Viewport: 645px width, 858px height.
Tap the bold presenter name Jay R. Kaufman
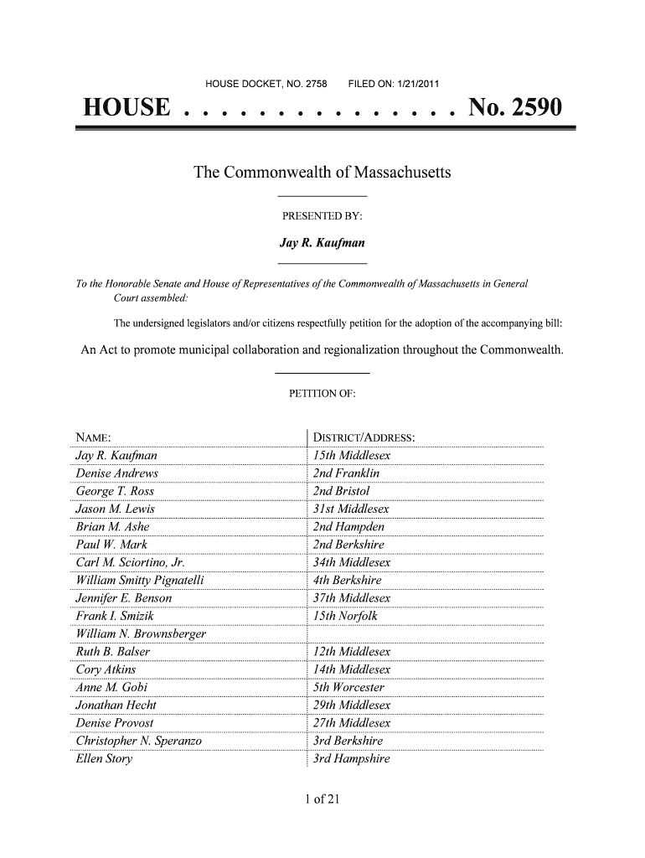point(322,244)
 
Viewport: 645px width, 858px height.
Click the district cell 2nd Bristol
point(341,491)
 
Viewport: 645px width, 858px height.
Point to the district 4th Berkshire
point(347,580)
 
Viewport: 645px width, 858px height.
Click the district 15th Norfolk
point(345,616)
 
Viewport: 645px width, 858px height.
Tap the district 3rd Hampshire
point(351,759)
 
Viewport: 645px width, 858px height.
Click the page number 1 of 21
point(322,799)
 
